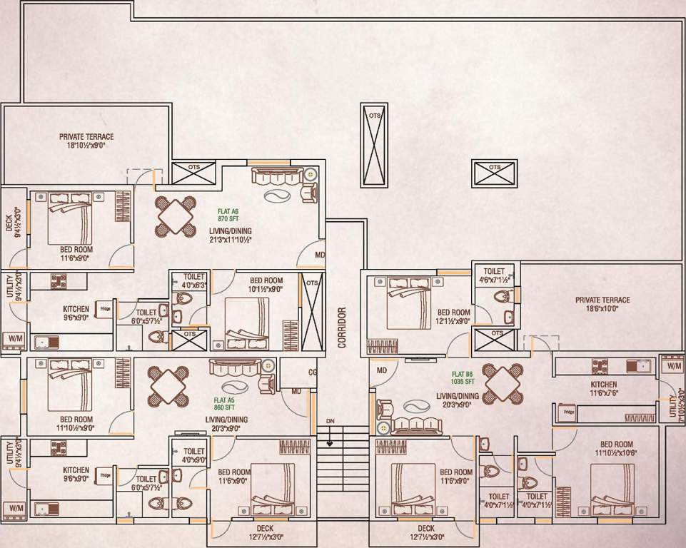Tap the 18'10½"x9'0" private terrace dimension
pyautogui.click(x=86, y=145)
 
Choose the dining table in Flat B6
pyautogui.click(x=503, y=383)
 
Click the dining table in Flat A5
pyautogui.click(x=168, y=386)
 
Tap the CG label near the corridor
pyautogui.click(x=312, y=372)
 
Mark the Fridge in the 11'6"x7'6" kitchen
pyautogui.click(x=569, y=412)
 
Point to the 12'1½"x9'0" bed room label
pyautogui.click(x=453, y=317)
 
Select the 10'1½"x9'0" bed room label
pyautogui.click(x=265, y=285)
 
